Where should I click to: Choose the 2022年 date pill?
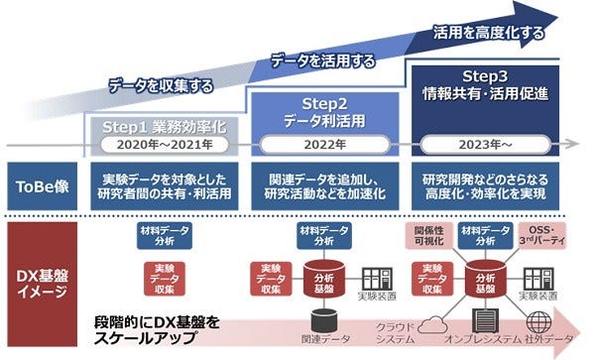325,145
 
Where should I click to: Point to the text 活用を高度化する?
489,33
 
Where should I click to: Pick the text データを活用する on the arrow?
323,61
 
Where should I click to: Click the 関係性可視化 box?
429,235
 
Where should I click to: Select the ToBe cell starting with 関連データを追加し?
325,187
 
